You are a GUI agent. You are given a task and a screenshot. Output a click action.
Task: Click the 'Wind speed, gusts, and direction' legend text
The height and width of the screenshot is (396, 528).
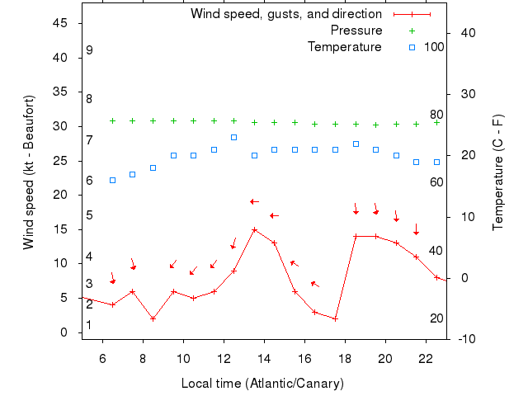(x=286, y=14)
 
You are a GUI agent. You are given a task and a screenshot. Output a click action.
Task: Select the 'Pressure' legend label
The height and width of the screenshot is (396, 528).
(x=356, y=31)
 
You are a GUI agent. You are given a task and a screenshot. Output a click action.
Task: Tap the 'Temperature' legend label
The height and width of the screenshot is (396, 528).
(x=345, y=47)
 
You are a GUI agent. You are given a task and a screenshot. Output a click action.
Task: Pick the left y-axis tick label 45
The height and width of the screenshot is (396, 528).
(x=60, y=23)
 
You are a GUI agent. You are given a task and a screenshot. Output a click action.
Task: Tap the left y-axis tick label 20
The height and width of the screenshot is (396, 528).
(x=60, y=195)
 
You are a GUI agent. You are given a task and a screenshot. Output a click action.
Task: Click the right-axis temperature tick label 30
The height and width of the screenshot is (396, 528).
(x=464, y=94)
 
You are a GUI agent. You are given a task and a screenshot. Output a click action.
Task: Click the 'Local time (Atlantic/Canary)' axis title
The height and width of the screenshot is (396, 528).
(x=262, y=384)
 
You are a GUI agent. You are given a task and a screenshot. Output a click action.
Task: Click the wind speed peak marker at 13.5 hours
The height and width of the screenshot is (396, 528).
(x=254, y=229)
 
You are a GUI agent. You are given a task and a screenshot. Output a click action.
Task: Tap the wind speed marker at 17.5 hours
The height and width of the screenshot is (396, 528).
(x=335, y=318)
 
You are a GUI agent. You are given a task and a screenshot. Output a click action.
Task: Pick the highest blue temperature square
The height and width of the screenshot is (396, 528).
(x=233, y=137)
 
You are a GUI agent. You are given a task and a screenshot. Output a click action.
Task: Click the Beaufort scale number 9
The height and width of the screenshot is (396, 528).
(x=89, y=50)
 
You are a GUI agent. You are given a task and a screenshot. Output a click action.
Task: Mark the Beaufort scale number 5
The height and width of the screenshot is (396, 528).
(x=89, y=215)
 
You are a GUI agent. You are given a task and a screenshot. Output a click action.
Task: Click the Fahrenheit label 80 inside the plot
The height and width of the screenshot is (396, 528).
(x=436, y=115)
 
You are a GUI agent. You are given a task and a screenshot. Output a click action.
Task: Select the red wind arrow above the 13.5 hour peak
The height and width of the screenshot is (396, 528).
(x=255, y=201)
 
